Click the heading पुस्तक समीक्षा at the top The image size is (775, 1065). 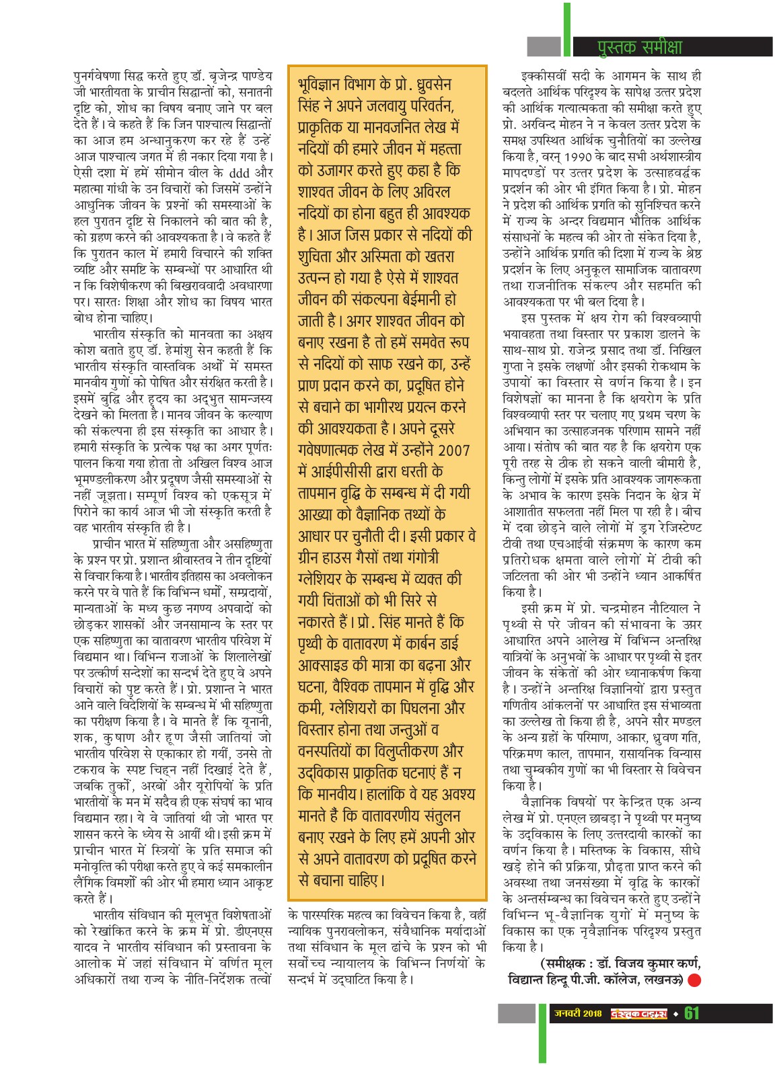[x=639, y=46]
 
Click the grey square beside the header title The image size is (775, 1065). [x=544, y=46]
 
